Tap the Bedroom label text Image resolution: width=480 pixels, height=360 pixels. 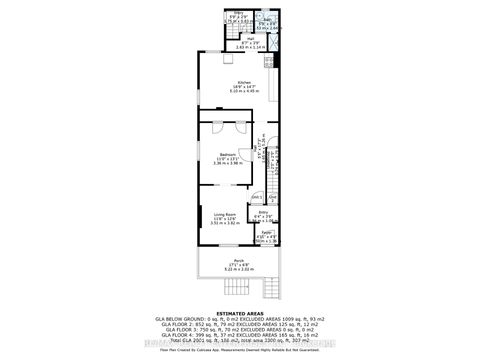tap(228, 153)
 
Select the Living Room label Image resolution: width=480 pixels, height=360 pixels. tap(224, 213)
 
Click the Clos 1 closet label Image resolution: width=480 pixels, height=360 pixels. tap(257, 197)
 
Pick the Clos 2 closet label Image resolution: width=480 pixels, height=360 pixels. tap(272, 197)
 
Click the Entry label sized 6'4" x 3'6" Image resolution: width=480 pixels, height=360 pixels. tap(264, 211)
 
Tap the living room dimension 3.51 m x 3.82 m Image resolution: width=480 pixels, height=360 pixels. tap(224, 224)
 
